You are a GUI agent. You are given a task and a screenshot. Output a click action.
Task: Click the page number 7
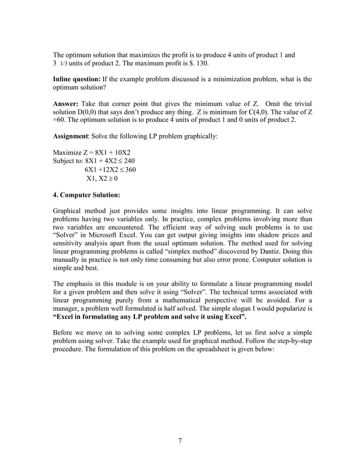point(179,441)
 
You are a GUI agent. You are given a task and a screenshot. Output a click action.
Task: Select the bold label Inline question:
point(76,80)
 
